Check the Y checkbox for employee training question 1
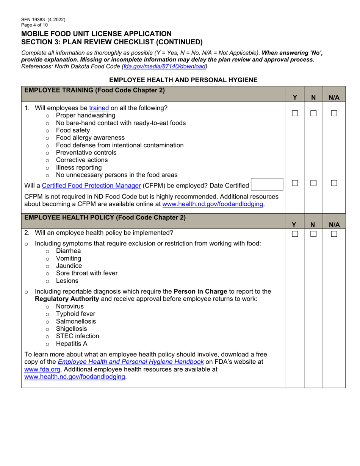coord(295,113)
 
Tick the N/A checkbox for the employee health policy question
coord(333,234)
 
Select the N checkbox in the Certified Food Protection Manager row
coord(313,183)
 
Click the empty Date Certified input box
coord(267,185)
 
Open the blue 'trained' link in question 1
coord(99,108)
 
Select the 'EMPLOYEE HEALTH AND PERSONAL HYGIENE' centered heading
coord(183,80)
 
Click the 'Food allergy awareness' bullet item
coord(90,138)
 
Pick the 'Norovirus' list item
coord(70,306)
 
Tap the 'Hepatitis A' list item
coord(72,344)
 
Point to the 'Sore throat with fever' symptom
coord(86,273)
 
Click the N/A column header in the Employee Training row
coord(333,97)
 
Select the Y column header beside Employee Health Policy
coord(295,225)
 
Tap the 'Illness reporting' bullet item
coord(79,167)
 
